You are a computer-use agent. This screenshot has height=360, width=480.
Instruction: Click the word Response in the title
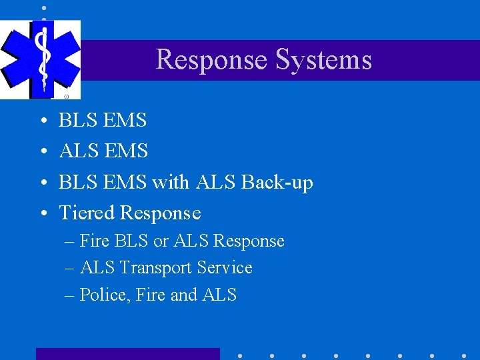tap(211, 60)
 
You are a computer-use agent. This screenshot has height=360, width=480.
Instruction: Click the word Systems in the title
tap(323, 60)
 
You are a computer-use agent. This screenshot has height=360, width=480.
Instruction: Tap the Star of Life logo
tap(41, 59)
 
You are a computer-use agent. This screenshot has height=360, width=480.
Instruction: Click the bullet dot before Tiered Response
tap(42, 213)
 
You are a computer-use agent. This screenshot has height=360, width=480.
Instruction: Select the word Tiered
tap(87, 213)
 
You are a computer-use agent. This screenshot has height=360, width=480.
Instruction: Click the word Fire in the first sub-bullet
tap(94, 241)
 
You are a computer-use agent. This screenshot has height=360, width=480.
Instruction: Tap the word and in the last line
tap(183, 295)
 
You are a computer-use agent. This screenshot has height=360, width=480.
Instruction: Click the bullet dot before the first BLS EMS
tap(42, 121)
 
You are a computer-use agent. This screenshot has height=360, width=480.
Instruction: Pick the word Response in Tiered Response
tap(159, 213)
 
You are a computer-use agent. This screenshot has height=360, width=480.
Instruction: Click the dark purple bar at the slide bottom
tap(127, 354)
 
